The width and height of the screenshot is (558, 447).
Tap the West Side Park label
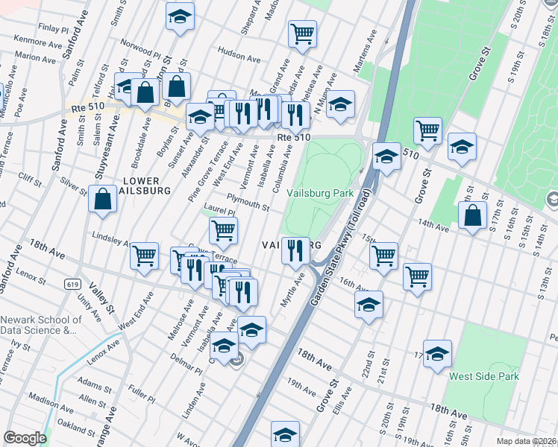[483, 377]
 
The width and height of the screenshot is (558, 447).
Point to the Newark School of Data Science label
[38, 325]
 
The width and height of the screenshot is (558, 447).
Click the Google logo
[25, 438]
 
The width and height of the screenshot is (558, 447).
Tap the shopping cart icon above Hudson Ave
[302, 34]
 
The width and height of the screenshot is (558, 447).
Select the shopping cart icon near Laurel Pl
[223, 231]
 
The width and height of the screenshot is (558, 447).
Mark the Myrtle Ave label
[298, 288]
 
